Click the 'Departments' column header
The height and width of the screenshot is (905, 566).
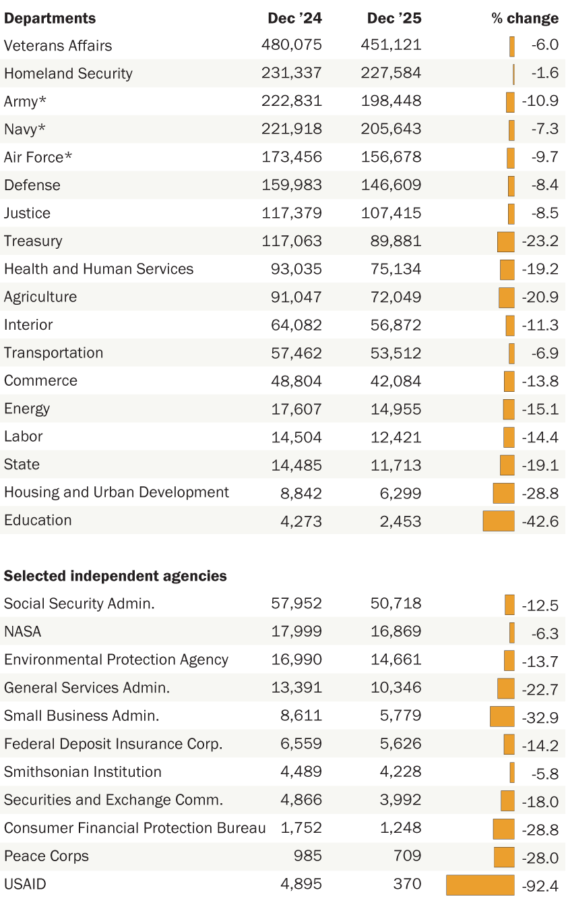(50, 18)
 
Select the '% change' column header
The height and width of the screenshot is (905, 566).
(524, 18)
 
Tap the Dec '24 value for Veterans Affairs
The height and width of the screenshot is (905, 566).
(292, 45)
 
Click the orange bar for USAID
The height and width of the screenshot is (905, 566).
(480, 885)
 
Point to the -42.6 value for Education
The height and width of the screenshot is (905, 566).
(540, 521)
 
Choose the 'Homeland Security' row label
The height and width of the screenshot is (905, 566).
(68, 74)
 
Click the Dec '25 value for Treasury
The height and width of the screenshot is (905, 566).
(396, 241)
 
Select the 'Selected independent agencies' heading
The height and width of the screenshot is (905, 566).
(115, 576)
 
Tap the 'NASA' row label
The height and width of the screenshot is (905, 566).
(22, 632)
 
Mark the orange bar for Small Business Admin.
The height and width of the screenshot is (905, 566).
(502, 716)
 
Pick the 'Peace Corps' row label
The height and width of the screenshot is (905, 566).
(46, 856)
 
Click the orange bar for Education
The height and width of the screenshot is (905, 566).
(499, 521)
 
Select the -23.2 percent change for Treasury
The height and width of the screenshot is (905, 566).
(540, 241)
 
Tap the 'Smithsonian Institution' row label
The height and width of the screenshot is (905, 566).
(83, 772)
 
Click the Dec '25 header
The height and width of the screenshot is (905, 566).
(394, 18)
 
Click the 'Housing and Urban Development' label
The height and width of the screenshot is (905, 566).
(117, 492)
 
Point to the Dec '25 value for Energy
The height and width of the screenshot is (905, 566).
(396, 409)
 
